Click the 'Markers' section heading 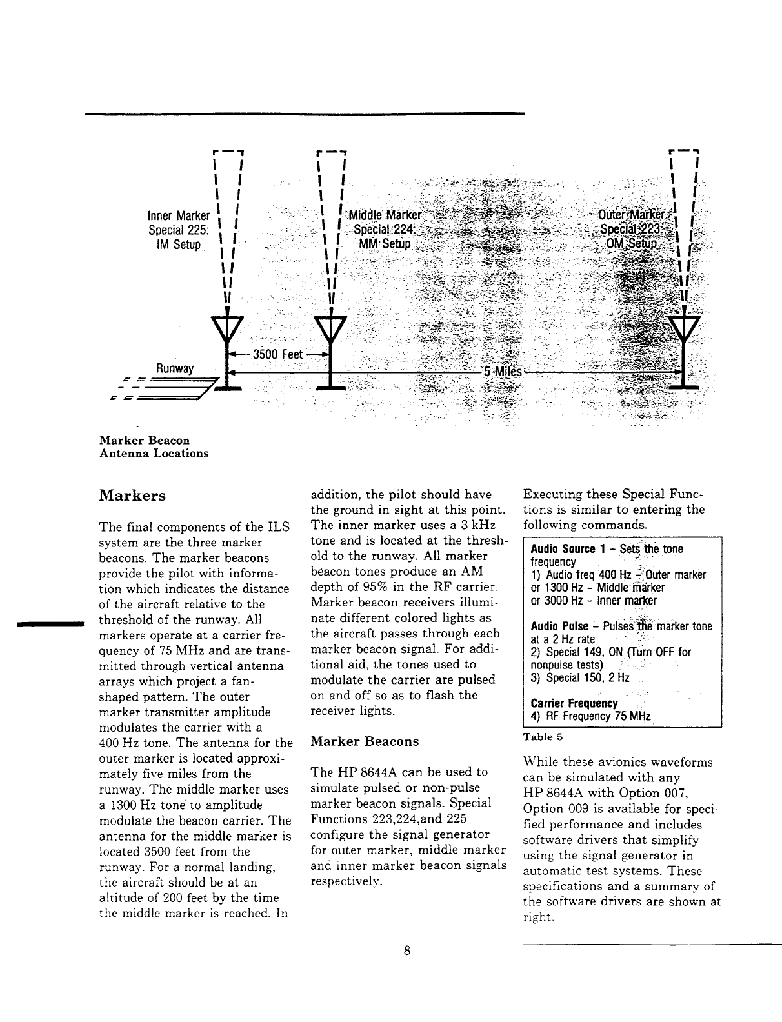[x=132, y=496]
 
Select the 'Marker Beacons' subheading [x=365, y=741]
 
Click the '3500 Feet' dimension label [x=277, y=355]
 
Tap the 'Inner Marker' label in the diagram [x=179, y=215]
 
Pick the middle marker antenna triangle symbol [x=330, y=330]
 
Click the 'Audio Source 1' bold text [x=563, y=549]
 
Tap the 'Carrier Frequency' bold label [x=574, y=703]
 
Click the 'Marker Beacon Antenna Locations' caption [x=154, y=446]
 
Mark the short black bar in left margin [x=46, y=623]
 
